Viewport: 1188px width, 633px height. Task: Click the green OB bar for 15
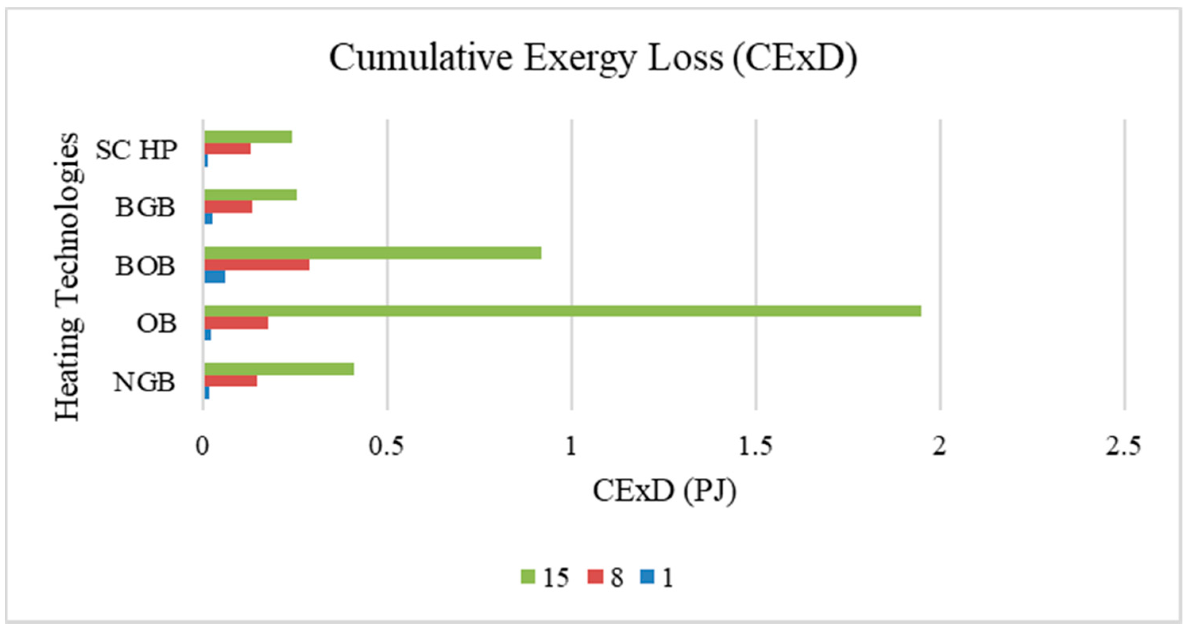point(563,311)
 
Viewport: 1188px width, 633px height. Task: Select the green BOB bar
point(373,253)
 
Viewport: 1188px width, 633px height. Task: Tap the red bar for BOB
point(257,265)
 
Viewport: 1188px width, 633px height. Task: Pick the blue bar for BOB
point(214,277)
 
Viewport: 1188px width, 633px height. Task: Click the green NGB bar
point(279,369)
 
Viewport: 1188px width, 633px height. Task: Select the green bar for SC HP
point(248,137)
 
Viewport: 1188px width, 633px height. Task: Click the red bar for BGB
point(228,207)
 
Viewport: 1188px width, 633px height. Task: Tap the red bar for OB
point(236,323)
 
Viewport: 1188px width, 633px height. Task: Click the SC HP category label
point(136,150)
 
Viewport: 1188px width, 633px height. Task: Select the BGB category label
point(145,207)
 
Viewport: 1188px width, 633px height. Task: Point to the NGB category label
point(144,382)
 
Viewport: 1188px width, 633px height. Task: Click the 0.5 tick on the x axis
point(386,446)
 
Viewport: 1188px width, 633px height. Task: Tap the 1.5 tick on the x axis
point(755,446)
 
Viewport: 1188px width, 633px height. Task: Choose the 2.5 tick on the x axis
point(1123,446)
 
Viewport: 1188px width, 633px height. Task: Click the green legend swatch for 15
point(527,577)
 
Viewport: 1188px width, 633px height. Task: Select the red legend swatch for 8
point(595,577)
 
